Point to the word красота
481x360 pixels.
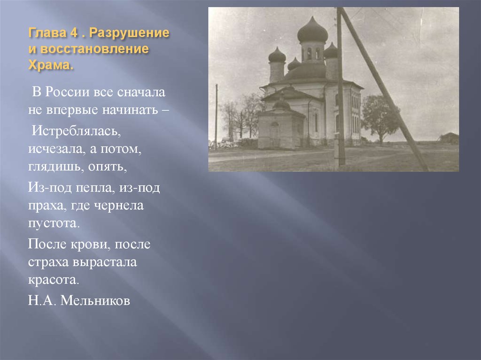pos(53,280)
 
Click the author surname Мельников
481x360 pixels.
pos(96,301)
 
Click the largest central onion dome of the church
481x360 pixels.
pos(312,31)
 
